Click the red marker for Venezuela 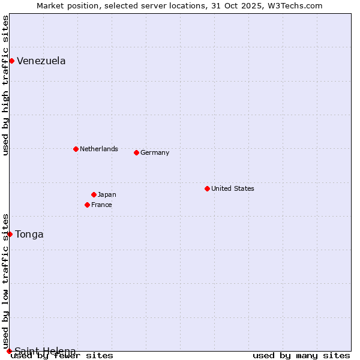[x=11, y=61]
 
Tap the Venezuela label [x=41, y=61]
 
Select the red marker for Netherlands [x=76, y=149]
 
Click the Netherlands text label [x=99, y=149]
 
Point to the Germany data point [x=136, y=152]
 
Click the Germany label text [x=155, y=152]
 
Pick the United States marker [x=207, y=188]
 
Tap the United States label [x=233, y=188]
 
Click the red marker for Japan [x=94, y=194]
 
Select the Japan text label [x=107, y=194]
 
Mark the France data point [x=87, y=205]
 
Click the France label [x=101, y=205]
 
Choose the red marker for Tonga [x=10, y=234]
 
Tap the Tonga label [x=29, y=234]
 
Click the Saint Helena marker [x=9, y=351]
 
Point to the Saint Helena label [x=45, y=350]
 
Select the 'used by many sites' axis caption [x=301, y=356]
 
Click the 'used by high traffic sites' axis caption [x=6, y=85]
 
